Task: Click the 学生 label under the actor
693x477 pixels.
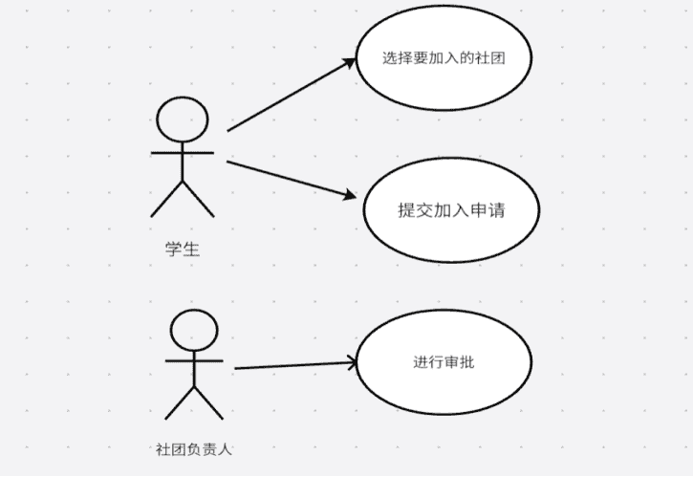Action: [182, 249]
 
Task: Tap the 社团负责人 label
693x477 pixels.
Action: [193, 447]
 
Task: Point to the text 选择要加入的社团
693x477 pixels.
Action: [443, 57]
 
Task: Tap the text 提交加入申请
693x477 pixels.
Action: [451, 210]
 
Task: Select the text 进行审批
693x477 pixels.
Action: [444, 362]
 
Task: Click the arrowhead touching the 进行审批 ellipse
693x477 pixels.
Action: [351, 362]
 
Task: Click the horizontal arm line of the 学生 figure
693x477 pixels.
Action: [182, 151]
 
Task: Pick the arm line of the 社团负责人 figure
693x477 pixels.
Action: [194, 360]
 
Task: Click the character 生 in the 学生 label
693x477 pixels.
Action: [191, 249]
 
